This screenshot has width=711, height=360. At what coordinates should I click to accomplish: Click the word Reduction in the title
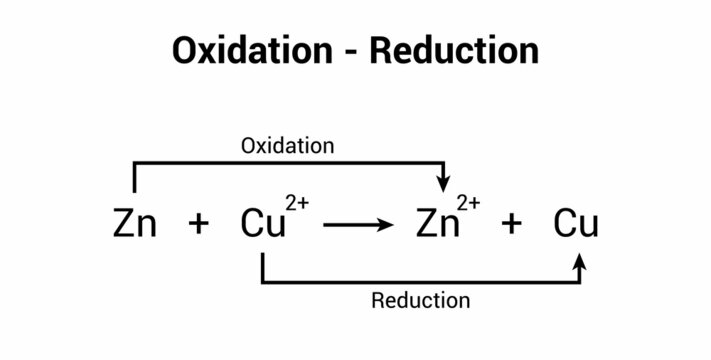tap(454, 49)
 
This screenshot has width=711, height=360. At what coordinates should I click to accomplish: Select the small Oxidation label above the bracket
tap(287, 145)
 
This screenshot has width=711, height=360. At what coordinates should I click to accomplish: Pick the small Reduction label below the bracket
tap(420, 300)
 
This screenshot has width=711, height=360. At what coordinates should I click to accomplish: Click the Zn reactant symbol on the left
tap(135, 223)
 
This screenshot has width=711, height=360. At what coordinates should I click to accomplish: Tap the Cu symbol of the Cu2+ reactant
tap(261, 223)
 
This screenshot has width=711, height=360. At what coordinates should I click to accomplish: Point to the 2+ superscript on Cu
tap(296, 203)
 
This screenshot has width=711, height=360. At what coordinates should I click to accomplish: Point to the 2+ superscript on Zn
tap(469, 203)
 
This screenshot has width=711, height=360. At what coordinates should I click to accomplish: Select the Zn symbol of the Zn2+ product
tap(437, 223)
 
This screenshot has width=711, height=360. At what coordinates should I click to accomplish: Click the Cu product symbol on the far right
tap(577, 223)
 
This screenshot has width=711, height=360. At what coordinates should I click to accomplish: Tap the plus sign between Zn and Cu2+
tap(199, 224)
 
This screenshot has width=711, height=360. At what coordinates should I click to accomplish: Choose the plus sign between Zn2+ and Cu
tap(511, 224)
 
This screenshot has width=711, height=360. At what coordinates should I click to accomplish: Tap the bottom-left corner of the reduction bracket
tap(262, 283)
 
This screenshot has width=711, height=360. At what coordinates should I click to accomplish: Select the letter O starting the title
tap(187, 49)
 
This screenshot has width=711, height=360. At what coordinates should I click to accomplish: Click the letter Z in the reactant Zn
tap(124, 223)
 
